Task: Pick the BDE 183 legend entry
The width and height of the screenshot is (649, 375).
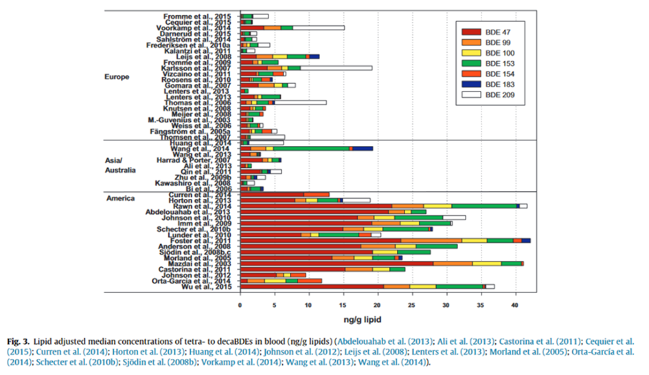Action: pos(492,84)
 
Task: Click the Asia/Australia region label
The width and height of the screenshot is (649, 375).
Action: pos(121,164)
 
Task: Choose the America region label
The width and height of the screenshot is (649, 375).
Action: pos(121,198)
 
